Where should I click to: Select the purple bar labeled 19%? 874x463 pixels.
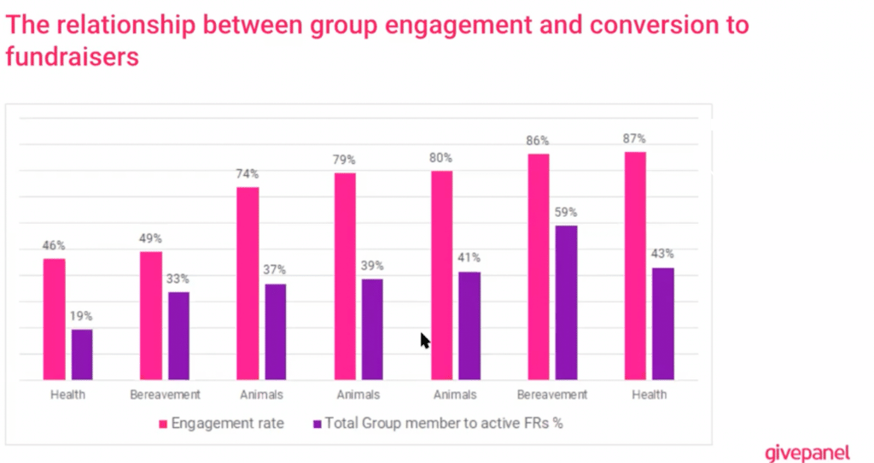(82, 355)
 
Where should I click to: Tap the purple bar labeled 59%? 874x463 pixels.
(566, 302)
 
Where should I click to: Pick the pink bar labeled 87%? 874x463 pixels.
(635, 266)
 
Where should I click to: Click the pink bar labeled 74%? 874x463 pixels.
(248, 283)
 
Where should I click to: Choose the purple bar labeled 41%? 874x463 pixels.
(469, 325)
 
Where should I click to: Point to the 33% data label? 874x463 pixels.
(178, 279)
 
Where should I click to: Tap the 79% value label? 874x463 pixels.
(344, 160)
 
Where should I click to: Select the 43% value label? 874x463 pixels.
(663, 254)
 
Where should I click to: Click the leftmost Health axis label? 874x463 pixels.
(67, 395)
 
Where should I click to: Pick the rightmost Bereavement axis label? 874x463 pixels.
(552, 395)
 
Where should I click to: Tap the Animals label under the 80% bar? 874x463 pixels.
(455, 395)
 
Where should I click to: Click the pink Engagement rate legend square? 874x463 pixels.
(163, 423)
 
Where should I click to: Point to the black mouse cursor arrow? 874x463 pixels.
(425, 341)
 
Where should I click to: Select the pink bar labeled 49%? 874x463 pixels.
(150, 315)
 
